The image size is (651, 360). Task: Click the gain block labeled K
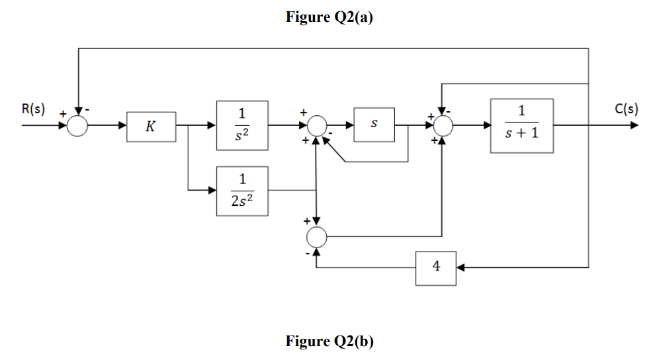pos(152,126)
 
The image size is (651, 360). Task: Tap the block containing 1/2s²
pos(242,190)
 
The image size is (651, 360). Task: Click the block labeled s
pos(374,124)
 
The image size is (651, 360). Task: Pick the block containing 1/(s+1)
pos(521,125)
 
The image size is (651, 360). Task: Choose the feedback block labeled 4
pos(435,268)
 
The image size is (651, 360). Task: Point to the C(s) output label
pos(625,109)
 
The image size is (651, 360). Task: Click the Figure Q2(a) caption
pos(329,18)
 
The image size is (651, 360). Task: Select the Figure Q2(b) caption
pos(329,341)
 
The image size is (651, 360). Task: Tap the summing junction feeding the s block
pos(318,124)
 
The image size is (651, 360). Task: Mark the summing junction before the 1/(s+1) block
pos(442,124)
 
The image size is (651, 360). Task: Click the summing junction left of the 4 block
pos(318,236)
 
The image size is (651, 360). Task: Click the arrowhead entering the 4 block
pos(461,268)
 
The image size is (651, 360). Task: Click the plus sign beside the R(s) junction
pos(64,114)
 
